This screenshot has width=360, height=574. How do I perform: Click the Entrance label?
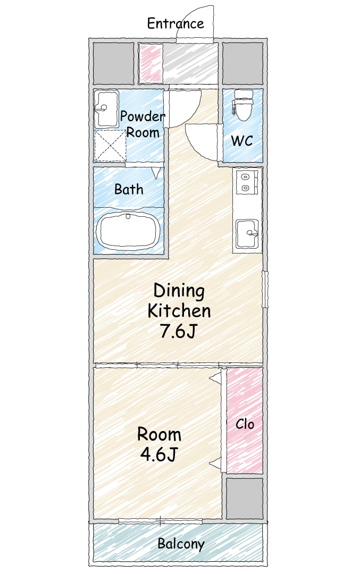tap(175, 23)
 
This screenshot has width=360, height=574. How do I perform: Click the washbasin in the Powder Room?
tap(106, 108)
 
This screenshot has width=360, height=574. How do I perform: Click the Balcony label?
tap(181, 544)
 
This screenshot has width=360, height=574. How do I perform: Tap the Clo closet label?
tap(245, 424)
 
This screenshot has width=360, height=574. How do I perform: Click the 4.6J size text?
tap(158, 454)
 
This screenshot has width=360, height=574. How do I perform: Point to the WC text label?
tap(242, 140)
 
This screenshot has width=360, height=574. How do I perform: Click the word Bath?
tap(129, 189)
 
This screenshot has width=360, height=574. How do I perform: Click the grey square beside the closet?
tap(244, 498)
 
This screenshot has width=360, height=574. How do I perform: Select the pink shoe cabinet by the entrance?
tap(151, 63)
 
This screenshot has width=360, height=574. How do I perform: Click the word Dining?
tap(179, 291)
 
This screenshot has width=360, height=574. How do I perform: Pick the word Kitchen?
tap(179, 311)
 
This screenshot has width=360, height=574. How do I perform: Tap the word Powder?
tap(143, 116)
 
